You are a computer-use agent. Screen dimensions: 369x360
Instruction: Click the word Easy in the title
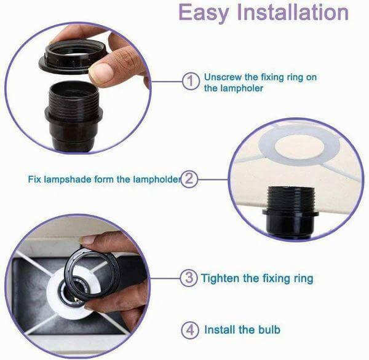click(204, 13)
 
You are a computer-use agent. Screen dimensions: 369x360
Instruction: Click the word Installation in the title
click(293, 12)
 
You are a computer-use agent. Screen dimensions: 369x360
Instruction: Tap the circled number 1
click(191, 81)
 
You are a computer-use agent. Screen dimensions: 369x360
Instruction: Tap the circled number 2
click(189, 179)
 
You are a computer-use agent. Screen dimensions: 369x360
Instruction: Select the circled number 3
click(189, 278)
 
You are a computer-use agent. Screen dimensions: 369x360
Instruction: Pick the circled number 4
click(190, 330)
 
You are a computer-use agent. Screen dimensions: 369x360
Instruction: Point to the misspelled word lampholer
click(242, 88)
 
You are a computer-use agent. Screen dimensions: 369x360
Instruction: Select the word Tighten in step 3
click(220, 278)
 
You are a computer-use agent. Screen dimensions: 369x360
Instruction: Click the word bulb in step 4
click(269, 330)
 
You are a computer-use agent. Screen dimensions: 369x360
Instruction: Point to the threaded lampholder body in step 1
click(74, 115)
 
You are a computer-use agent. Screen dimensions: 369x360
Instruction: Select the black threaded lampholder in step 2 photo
click(291, 211)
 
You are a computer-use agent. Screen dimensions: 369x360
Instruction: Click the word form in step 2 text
click(104, 179)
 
